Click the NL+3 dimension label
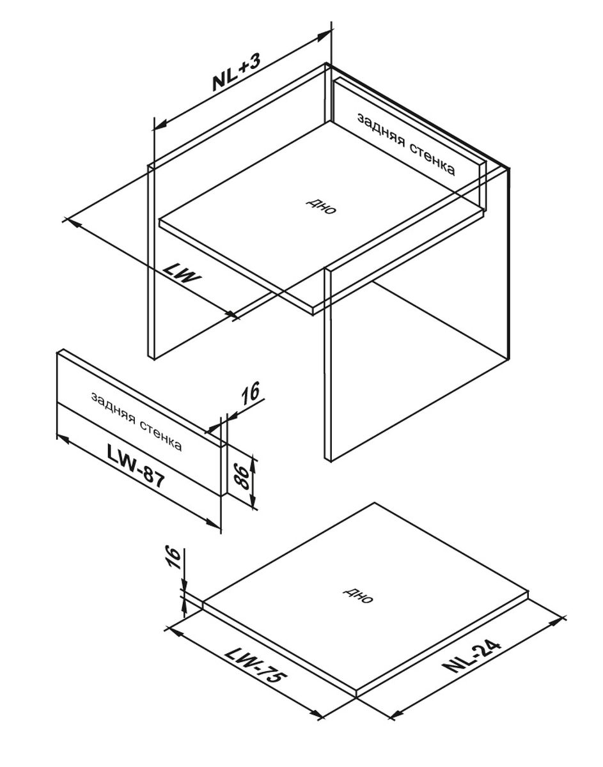pos(237,73)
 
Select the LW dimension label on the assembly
pos(182,274)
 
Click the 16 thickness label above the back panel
pos(250,392)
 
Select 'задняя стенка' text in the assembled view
pos(406,144)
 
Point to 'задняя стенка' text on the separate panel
pos(137,421)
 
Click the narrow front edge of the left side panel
pos(151,262)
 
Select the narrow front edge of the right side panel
pos(328,365)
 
